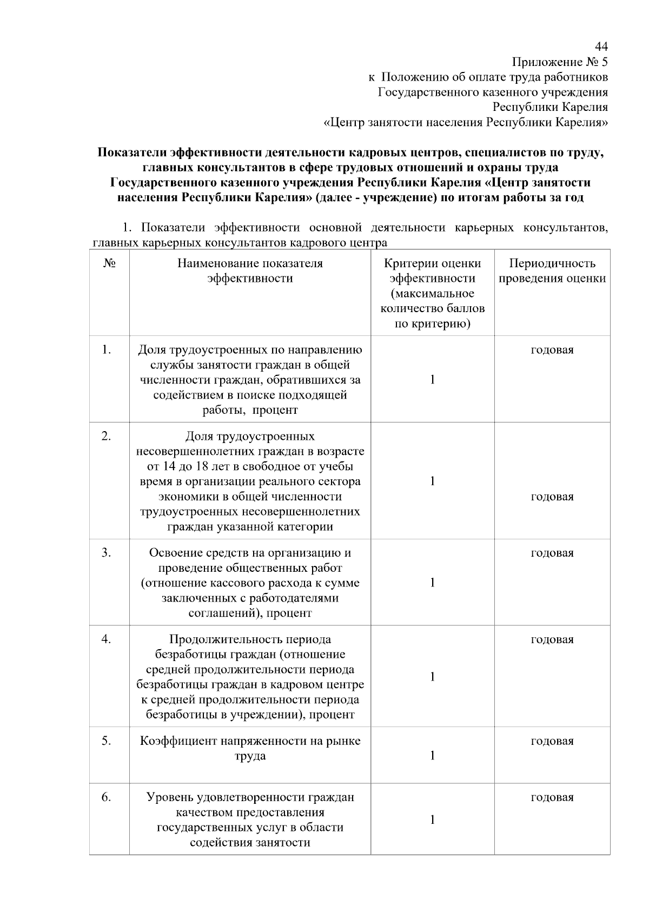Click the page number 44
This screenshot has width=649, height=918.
click(x=601, y=46)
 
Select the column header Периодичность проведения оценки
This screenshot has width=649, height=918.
click(x=552, y=270)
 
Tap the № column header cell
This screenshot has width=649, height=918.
click(x=109, y=263)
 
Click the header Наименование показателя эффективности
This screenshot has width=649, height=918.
click(x=250, y=270)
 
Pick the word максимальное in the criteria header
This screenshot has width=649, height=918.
click(x=433, y=294)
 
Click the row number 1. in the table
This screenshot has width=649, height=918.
click(x=106, y=350)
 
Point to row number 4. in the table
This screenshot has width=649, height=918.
click(x=106, y=639)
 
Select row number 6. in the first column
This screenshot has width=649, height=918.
click(x=106, y=797)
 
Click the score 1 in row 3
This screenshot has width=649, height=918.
click(x=432, y=583)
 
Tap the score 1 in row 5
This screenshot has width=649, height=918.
click(x=432, y=756)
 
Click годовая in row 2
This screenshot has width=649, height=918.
click(x=552, y=497)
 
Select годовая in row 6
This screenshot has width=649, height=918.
click(x=552, y=797)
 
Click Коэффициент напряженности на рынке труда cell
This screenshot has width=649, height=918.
click(x=250, y=749)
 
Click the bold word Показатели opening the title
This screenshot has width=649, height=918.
click(x=133, y=153)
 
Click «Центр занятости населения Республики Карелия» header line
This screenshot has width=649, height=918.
click(x=465, y=122)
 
